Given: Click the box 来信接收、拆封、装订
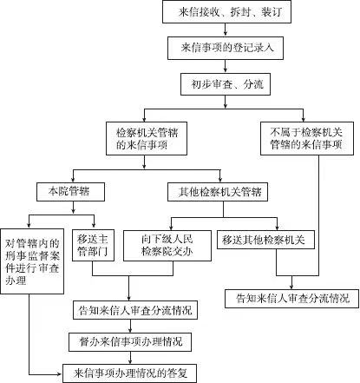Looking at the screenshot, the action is (x=226, y=12).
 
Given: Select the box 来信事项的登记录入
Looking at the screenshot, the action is (x=226, y=48).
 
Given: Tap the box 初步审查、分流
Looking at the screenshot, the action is (x=226, y=84).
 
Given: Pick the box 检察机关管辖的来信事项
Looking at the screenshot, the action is (x=147, y=138).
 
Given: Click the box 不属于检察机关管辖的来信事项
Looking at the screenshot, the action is (x=307, y=138).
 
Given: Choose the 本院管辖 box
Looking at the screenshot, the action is (x=70, y=192).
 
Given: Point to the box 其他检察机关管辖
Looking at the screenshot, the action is (x=218, y=192).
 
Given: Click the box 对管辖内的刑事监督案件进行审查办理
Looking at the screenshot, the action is (x=32, y=261).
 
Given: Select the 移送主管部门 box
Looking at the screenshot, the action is (x=93, y=246).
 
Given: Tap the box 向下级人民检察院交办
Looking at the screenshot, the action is (x=167, y=246).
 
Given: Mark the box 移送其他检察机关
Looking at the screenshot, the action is (x=265, y=240).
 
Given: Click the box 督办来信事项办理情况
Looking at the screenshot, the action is (x=130, y=342).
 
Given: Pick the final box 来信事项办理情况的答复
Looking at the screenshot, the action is (x=130, y=373).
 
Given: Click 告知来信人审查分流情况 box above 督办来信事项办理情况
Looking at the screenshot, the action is (x=135, y=310).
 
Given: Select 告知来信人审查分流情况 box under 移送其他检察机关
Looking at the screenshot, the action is (x=292, y=298).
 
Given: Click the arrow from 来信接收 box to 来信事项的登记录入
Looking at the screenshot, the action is (x=226, y=30).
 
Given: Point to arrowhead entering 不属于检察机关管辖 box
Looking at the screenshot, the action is (x=304, y=119).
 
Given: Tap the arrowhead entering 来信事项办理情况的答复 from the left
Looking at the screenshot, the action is (x=60, y=374).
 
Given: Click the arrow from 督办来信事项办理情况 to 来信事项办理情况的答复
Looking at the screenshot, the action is (x=130, y=358).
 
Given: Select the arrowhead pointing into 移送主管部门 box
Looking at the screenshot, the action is (x=94, y=226).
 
